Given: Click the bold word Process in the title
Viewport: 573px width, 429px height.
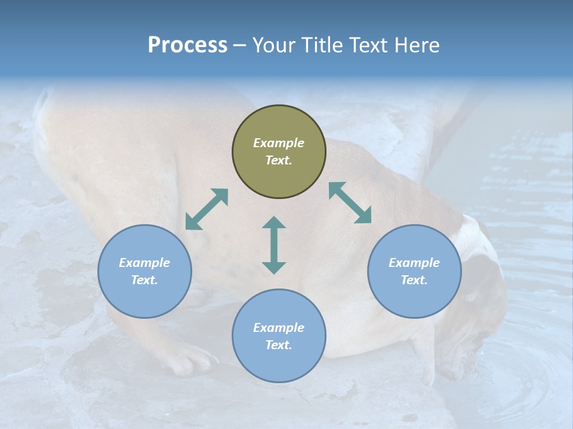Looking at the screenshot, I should click(x=187, y=45).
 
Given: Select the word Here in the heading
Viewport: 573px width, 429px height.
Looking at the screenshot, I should click(x=417, y=45).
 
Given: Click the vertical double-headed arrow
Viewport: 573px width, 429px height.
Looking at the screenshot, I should click(x=274, y=245).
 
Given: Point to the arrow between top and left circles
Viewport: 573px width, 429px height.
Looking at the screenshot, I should click(x=207, y=209).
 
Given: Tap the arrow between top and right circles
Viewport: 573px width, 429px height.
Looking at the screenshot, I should click(x=350, y=203).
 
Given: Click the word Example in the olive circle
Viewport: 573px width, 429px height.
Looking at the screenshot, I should click(x=279, y=143).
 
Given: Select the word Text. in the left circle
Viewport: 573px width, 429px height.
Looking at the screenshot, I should click(x=144, y=280).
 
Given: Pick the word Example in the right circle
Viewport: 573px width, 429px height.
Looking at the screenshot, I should click(x=414, y=263).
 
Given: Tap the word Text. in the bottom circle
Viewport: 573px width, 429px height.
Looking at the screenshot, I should click(x=279, y=345).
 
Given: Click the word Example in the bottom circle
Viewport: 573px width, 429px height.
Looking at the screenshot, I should click(x=279, y=328).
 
